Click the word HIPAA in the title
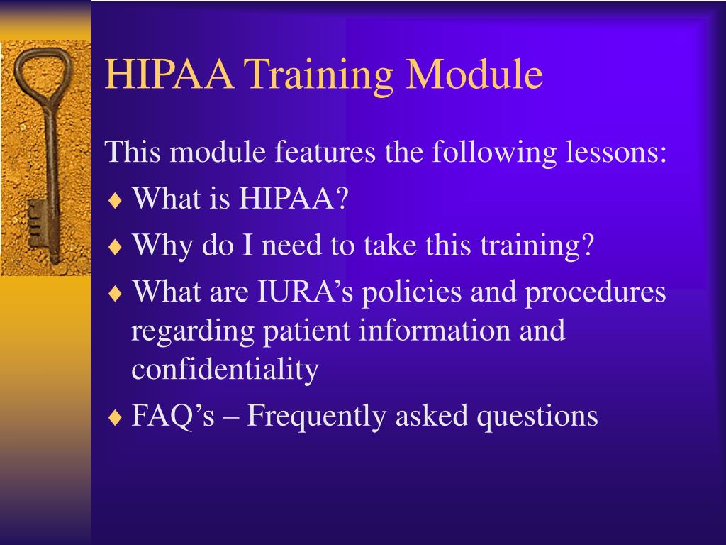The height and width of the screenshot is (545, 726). click(169, 74)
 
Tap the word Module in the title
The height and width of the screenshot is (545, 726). click(474, 74)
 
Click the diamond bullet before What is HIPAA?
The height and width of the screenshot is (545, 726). click(115, 201)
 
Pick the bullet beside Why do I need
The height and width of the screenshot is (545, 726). click(115, 247)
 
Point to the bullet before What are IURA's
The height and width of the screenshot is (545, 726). click(115, 293)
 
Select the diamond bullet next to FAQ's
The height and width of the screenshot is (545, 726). click(115, 417)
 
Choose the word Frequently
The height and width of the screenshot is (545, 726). click(316, 417)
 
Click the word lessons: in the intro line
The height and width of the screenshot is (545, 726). click(616, 151)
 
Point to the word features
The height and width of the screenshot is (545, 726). click(325, 151)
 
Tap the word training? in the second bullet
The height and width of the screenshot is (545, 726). click(537, 246)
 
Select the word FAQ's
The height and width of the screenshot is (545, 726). click(173, 415)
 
